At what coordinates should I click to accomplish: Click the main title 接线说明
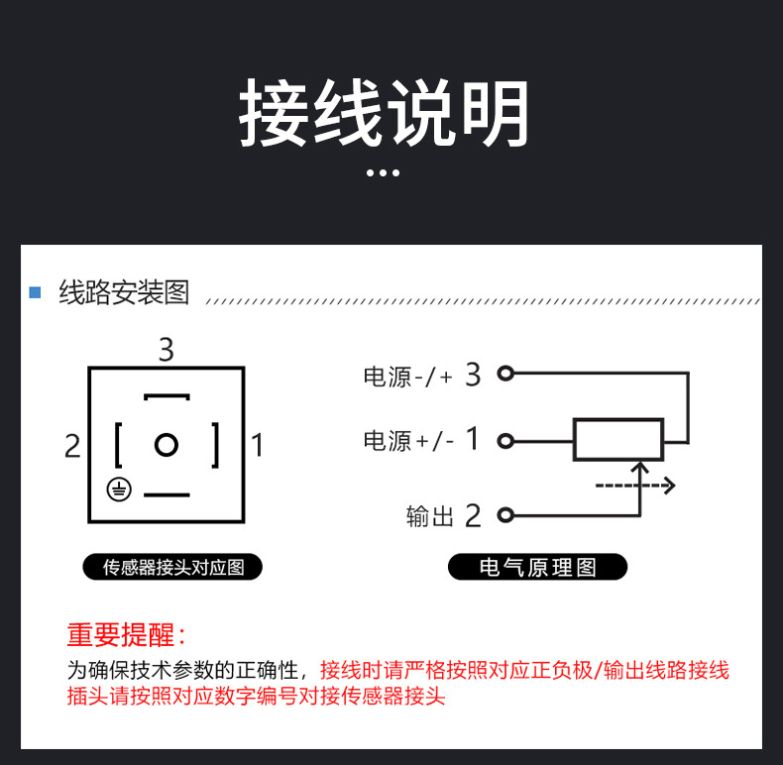[384, 112]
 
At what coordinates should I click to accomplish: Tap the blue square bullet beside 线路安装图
[35, 292]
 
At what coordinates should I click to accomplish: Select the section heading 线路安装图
[124, 292]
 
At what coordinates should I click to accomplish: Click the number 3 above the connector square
[167, 349]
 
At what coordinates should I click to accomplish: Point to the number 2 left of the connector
[72, 445]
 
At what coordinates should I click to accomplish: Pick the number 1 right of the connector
[257, 445]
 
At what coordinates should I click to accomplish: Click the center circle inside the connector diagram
[167, 444]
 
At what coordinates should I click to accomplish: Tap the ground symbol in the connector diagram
[119, 490]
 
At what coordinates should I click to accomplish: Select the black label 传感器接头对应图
[172, 567]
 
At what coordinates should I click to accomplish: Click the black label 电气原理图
[538, 567]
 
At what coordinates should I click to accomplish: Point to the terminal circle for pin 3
[505, 373]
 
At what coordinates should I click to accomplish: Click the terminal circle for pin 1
[505, 441]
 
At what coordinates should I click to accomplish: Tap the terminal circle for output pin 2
[505, 515]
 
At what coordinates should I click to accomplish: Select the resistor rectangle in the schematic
[618, 439]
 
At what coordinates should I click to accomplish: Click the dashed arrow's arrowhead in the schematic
[669, 485]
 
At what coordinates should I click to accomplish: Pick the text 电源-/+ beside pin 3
[408, 377]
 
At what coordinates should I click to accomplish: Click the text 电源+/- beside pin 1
[408, 441]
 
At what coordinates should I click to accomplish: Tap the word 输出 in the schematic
[430, 516]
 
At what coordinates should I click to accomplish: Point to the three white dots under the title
[383, 172]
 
